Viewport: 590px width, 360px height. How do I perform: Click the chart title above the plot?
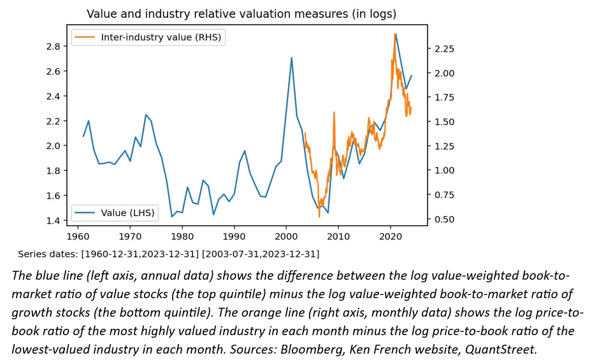(241, 13)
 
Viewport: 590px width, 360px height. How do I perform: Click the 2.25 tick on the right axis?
(444, 48)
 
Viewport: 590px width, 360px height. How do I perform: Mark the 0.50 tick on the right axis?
(444, 219)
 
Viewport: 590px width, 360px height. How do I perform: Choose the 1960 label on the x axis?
(78, 236)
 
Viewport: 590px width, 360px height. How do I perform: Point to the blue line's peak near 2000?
(291, 58)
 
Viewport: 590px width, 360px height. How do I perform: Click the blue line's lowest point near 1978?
(171, 217)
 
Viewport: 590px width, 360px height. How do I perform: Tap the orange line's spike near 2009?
(333, 113)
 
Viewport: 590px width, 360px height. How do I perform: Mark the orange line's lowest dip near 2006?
(319, 216)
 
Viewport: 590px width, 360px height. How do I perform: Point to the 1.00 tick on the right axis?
(444, 170)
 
